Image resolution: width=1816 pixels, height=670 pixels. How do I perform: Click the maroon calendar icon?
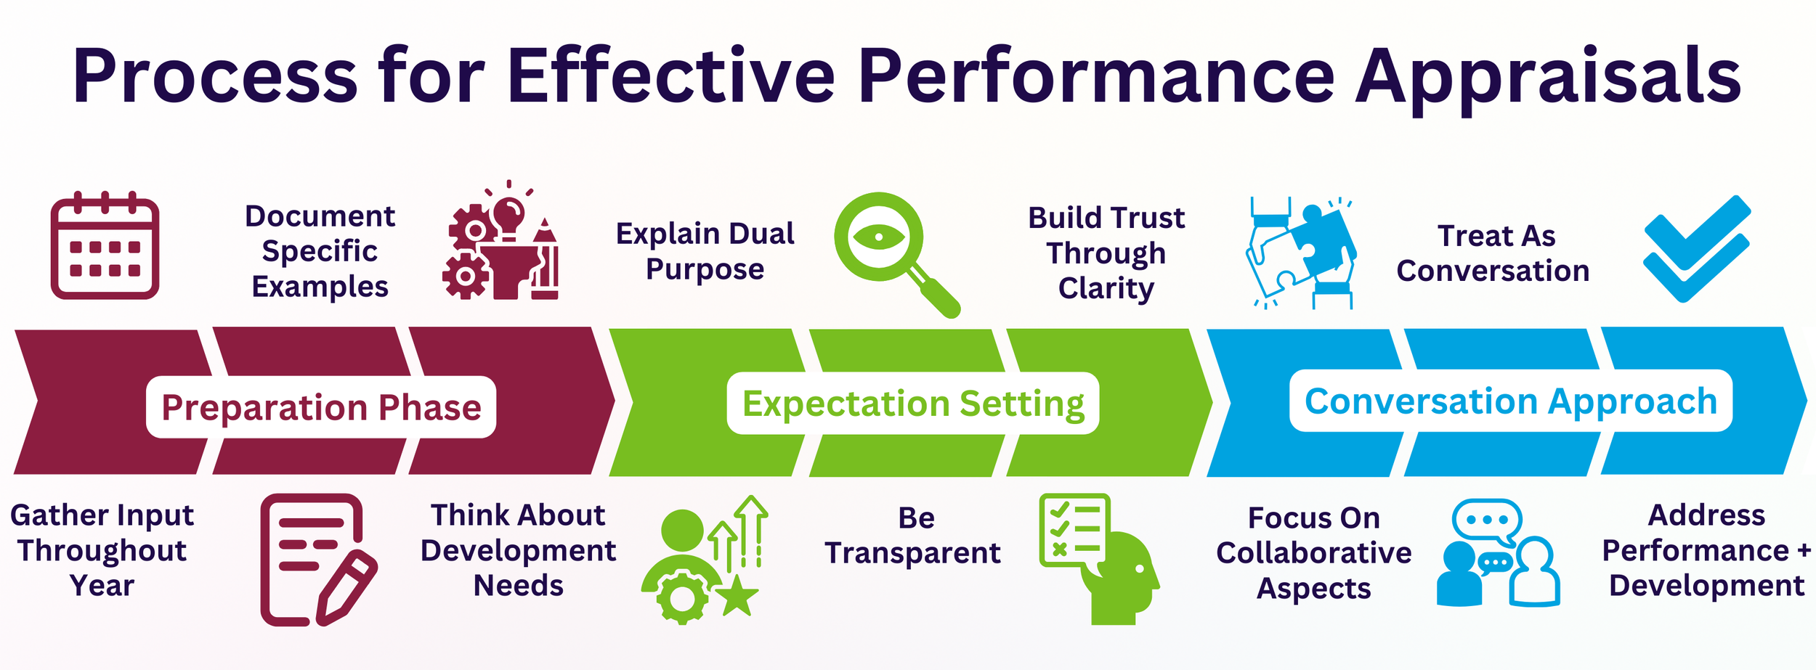(x=105, y=246)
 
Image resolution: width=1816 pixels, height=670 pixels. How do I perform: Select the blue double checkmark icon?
(x=1697, y=248)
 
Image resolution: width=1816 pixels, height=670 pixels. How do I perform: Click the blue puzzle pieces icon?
(x=1300, y=253)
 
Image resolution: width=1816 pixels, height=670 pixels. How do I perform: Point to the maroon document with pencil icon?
(x=317, y=559)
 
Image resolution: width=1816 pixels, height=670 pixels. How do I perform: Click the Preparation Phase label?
(x=321, y=407)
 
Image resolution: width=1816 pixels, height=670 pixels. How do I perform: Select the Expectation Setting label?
(x=913, y=404)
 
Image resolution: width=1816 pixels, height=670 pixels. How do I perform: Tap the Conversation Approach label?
(x=1511, y=401)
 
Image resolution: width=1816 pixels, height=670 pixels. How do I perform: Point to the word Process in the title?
(x=215, y=75)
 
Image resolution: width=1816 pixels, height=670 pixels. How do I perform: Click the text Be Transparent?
(x=913, y=536)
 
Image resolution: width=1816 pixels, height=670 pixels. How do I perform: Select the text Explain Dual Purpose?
(x=705, y=251)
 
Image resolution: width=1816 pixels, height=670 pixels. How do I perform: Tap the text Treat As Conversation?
(x=1493, y=253)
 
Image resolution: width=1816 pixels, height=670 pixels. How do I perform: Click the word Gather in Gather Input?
(x=49, y=515)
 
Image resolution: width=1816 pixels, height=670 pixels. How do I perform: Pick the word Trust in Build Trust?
(x=1148, y=218)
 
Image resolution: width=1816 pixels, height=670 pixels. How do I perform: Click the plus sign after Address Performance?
(x=1804, y=551)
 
